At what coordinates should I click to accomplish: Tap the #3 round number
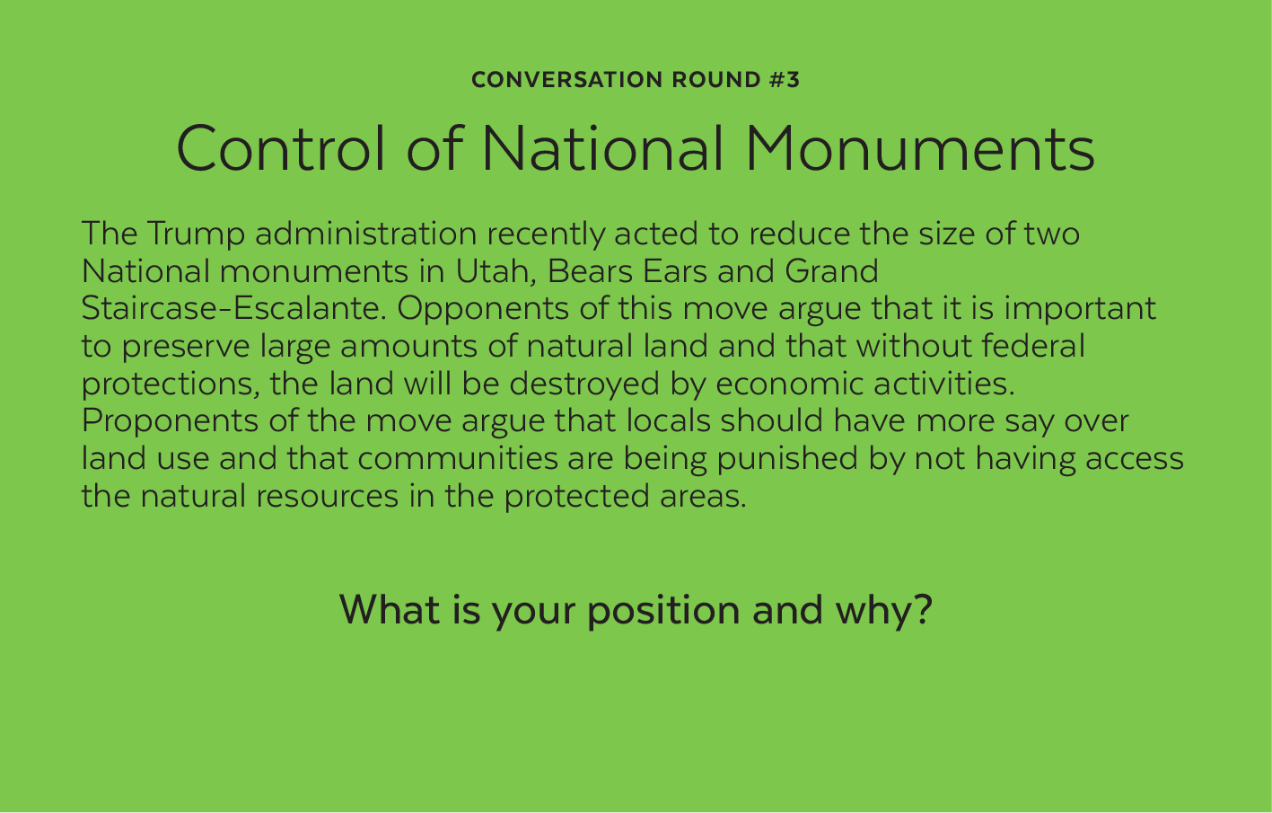(x=785, y=80)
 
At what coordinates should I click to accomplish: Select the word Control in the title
(x=281, y=148)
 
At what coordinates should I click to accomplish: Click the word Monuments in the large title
(x=919, y=148)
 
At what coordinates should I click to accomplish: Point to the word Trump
(x=196, y=234)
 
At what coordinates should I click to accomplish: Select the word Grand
(x=831, y=271)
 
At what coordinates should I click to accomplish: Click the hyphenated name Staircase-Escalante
(x=233, y=308)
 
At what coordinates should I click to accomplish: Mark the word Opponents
(x=483, y=310)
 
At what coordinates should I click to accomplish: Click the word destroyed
(x=584, y=385)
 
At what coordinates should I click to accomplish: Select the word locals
(x=669, y=421)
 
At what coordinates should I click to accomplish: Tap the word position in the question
(x=663, y=611)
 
